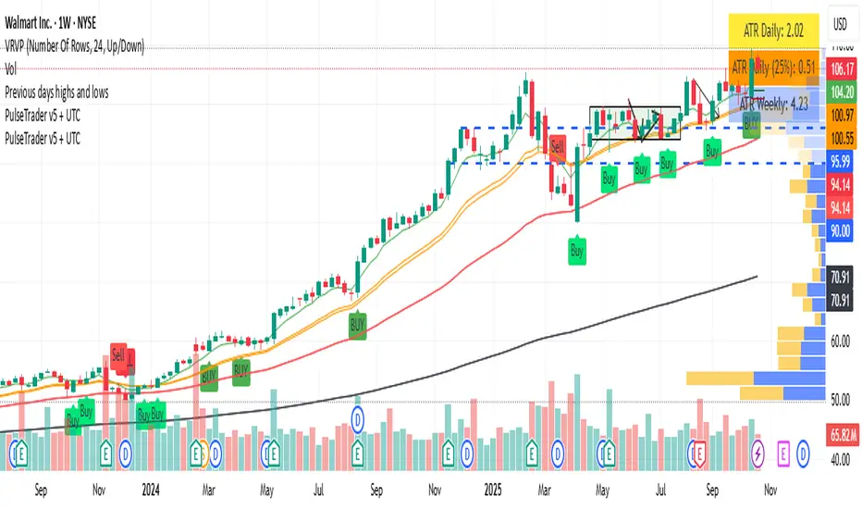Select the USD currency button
(x=840, y=25)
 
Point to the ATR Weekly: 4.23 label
(x=775, y=105)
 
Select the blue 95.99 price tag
(x=840, y=159)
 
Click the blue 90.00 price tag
(x=840, y=231)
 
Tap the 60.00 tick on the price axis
(x=839, y=341)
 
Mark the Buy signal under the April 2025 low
(x=577, y=249)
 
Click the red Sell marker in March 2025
(x=558, y=145)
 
